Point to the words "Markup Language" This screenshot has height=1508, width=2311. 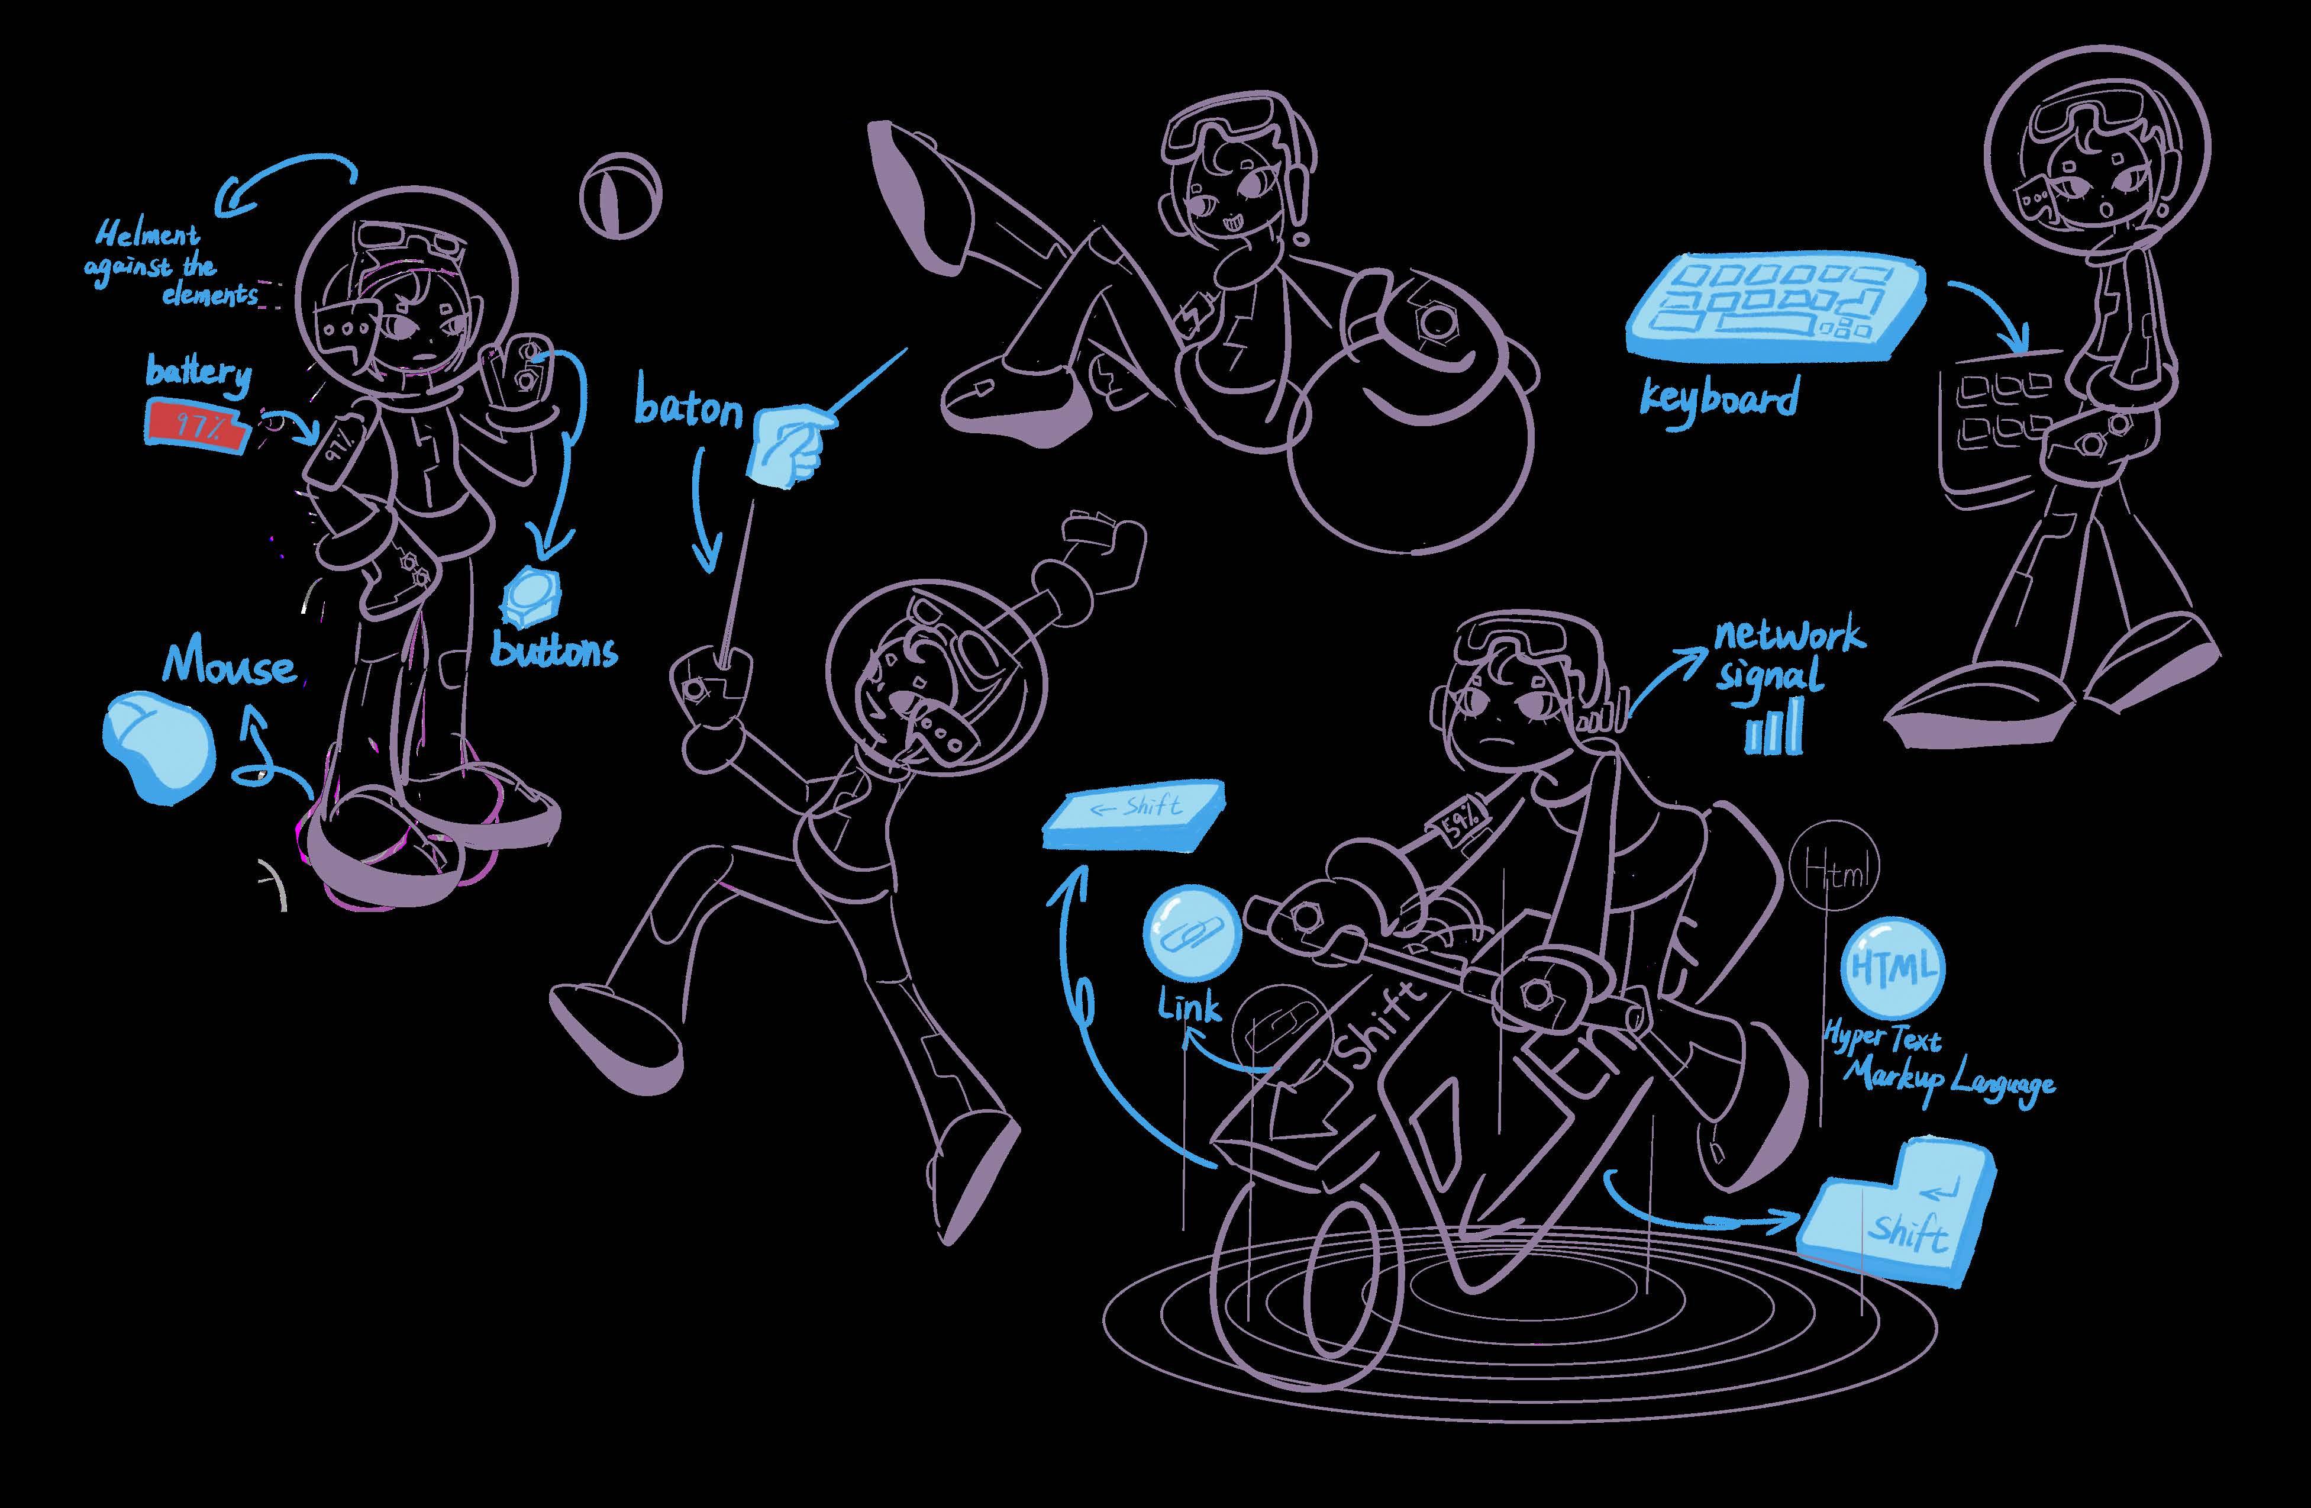pyautogui.click(x=1949, y=1079)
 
